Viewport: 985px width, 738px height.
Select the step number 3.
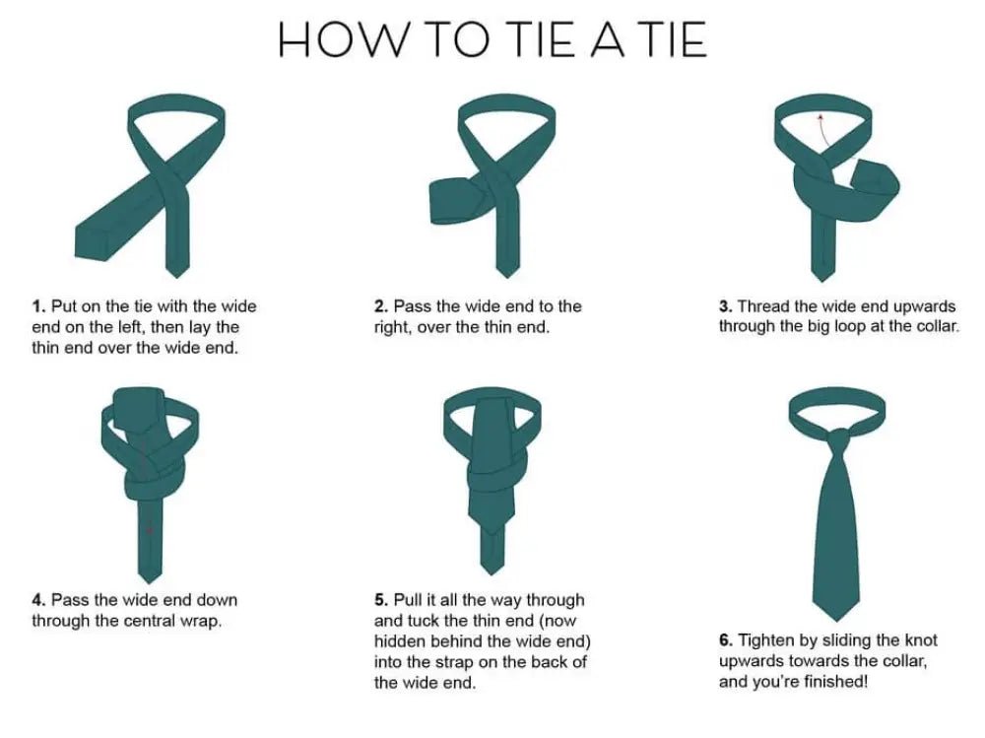[725, 306]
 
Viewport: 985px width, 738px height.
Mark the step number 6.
[725, 640]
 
